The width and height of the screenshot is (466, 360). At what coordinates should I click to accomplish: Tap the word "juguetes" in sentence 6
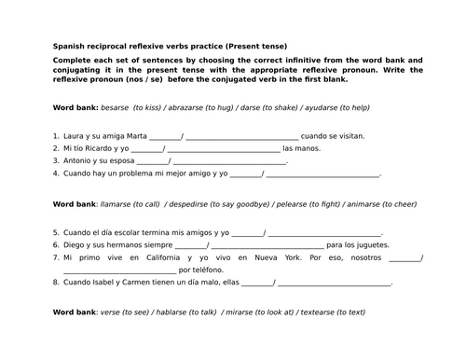click(x=363, y=244)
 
